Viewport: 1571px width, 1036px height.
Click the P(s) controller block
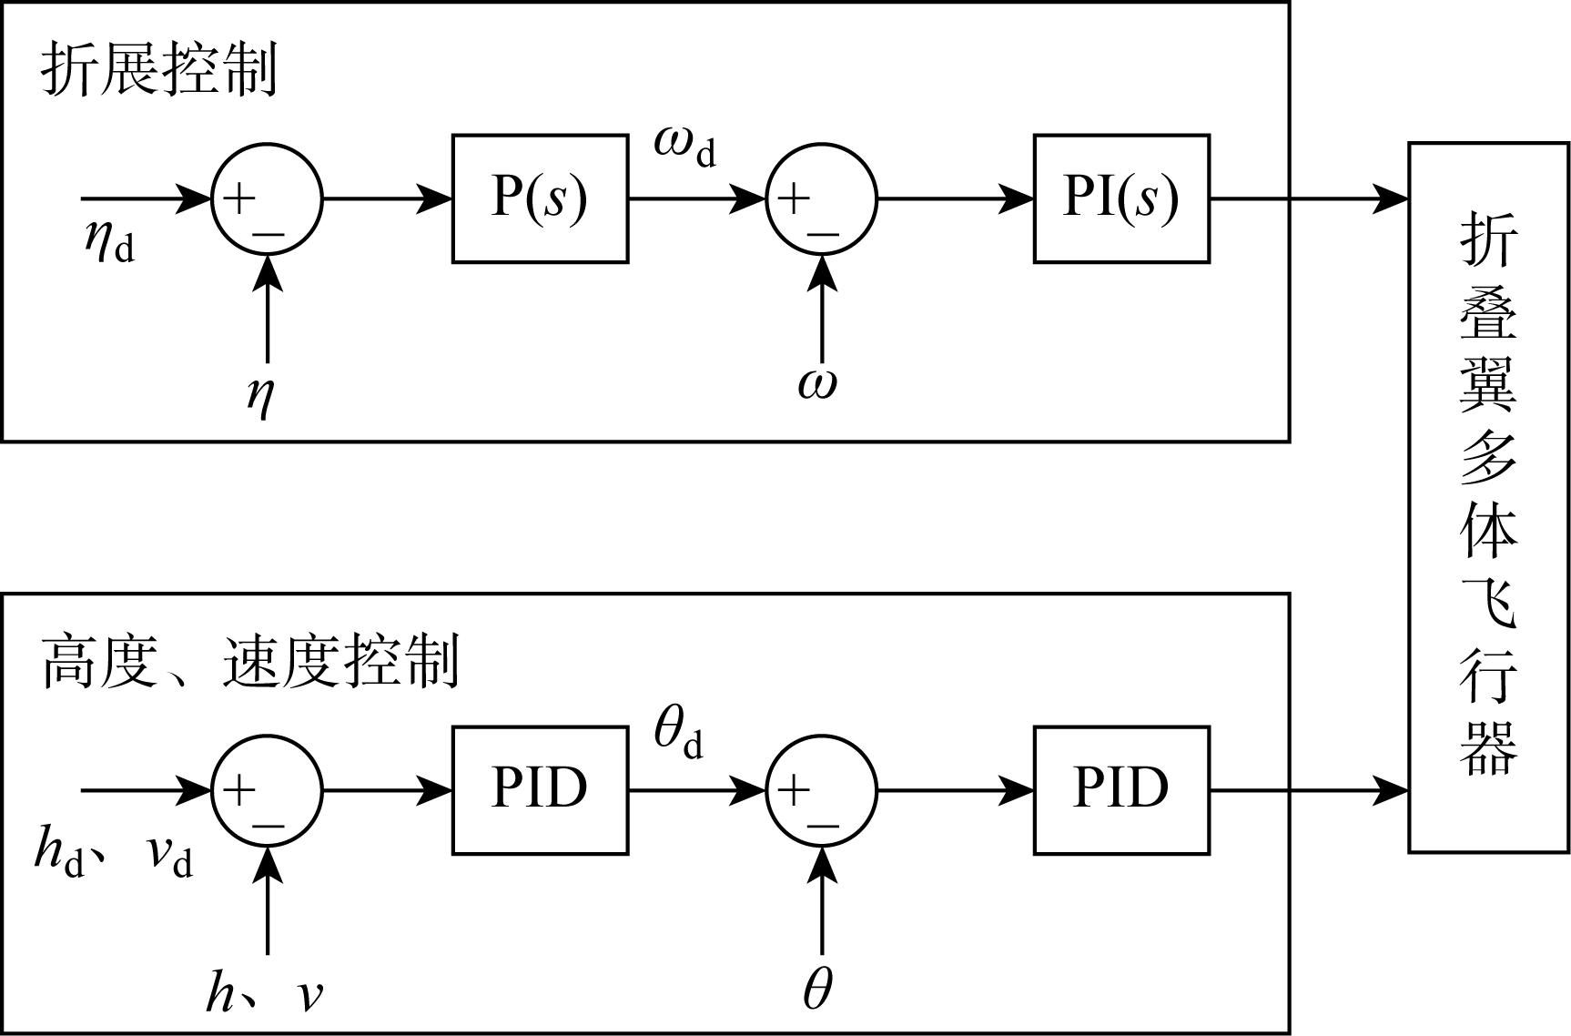point(540,198)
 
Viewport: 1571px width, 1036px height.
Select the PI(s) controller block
point(1120,198)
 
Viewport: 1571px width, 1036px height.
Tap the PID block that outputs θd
point(540,789)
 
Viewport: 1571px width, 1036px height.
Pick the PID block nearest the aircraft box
point(1120,789)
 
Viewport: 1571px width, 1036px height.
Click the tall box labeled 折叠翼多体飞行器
point(1488,496)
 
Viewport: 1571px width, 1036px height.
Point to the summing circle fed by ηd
point(267,198)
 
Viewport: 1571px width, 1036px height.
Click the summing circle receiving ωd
point(822,198)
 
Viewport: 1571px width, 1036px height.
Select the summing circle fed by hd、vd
point(267,789)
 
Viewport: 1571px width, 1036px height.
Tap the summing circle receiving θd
point(822,789)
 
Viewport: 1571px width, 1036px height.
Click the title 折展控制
point(159,71)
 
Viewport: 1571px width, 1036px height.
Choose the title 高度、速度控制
point(250,663)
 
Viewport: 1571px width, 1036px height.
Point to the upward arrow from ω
point(822,310)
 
